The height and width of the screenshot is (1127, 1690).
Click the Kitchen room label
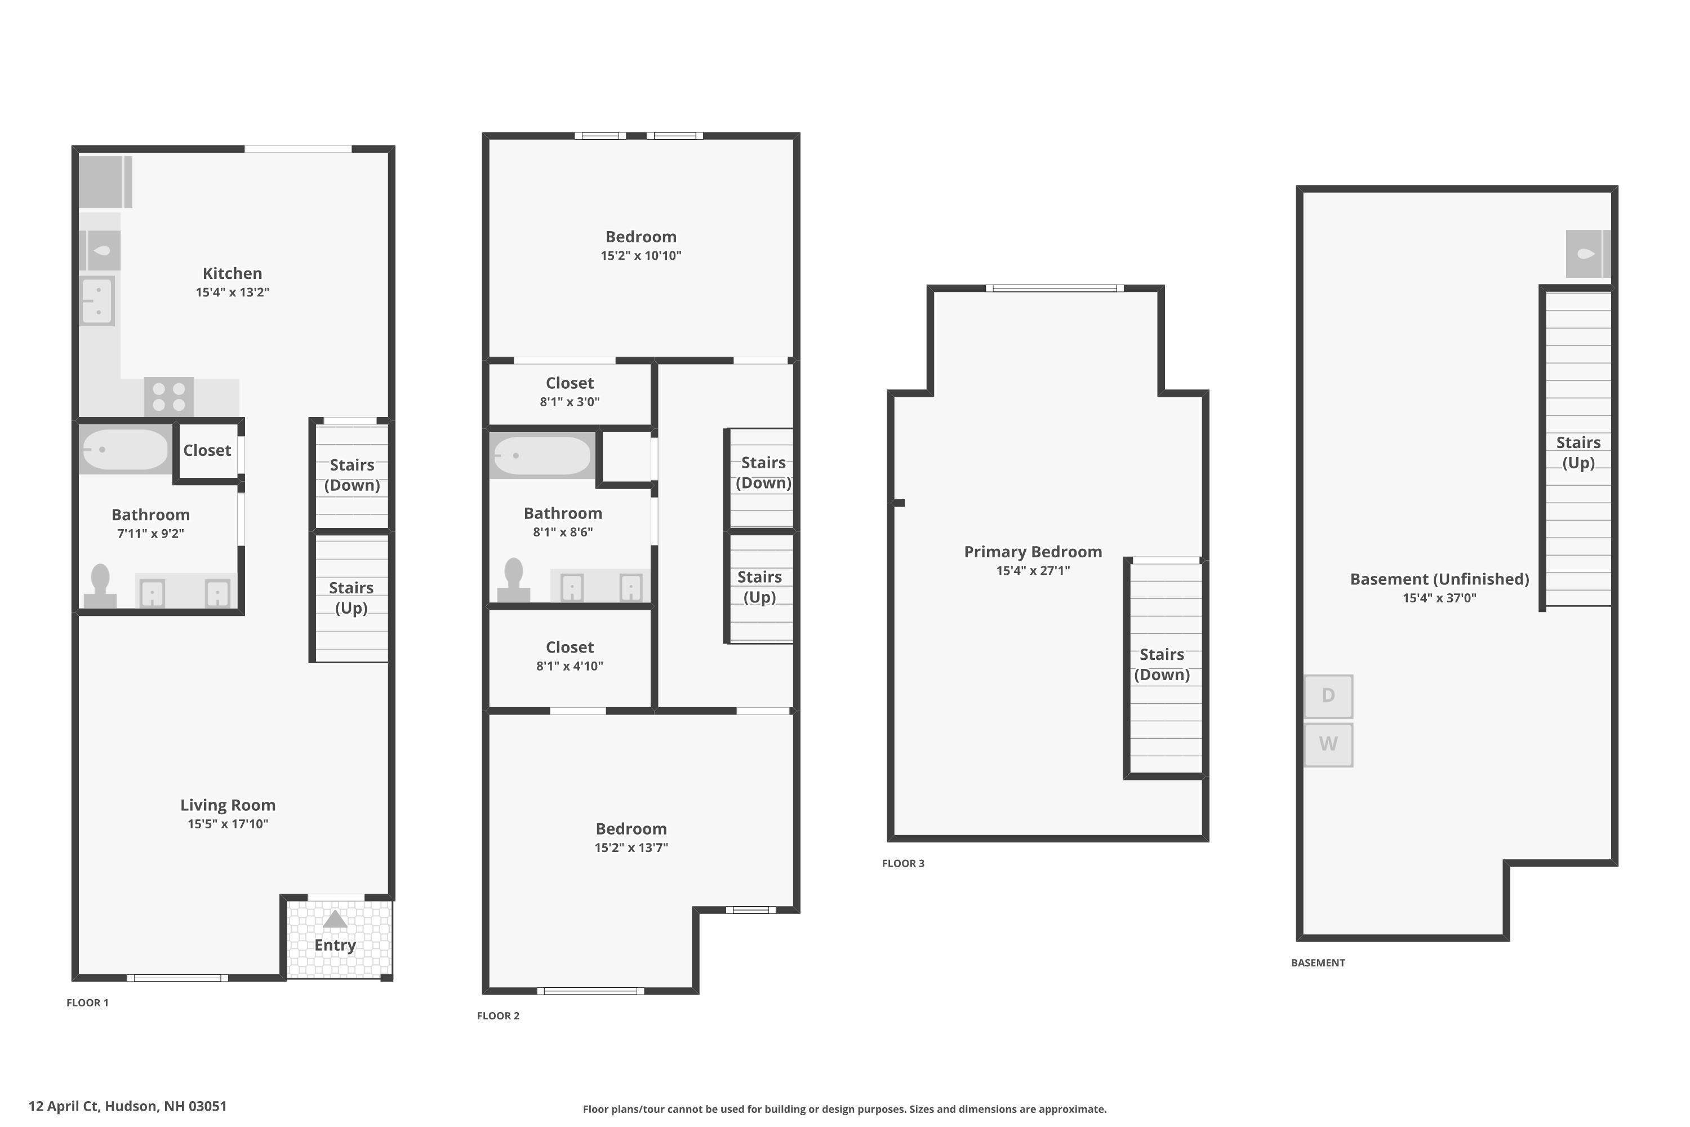[232, 273]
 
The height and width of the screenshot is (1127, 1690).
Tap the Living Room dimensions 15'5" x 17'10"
[228, 824]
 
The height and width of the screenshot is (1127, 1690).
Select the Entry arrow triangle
[335, 919]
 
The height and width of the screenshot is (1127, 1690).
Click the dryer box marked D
[1328, 696]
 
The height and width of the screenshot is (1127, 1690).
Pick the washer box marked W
[1328, 744]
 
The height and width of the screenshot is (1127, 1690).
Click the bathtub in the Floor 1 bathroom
[126, 449]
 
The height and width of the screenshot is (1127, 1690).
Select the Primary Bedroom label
[1033, 552]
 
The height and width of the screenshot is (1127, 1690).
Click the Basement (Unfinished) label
[1439, 579]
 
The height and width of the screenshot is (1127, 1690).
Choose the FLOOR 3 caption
[903, 863]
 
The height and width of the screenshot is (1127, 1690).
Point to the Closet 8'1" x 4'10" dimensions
[570, 665]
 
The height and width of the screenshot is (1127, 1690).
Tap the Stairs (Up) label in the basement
[1578, 453]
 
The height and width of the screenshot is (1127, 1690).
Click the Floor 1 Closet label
[207, 451]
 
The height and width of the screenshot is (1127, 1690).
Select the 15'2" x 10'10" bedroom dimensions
[641, 255]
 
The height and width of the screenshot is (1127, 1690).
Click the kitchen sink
[97, 300]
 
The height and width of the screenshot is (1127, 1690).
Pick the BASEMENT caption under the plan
[1318, 962]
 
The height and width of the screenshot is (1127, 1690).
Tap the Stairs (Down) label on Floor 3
[1162, 664]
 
